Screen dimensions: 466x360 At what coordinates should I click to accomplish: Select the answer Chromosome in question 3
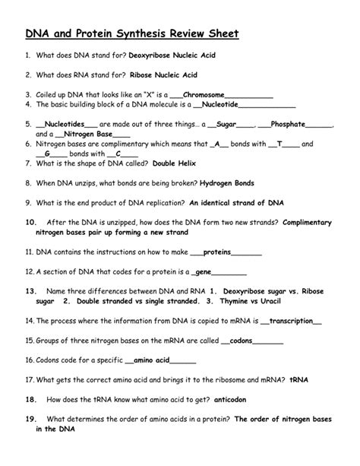pos(215,94)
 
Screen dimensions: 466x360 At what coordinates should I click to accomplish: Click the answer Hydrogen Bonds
pos(228,183)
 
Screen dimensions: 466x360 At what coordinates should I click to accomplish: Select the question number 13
pos(30,290)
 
